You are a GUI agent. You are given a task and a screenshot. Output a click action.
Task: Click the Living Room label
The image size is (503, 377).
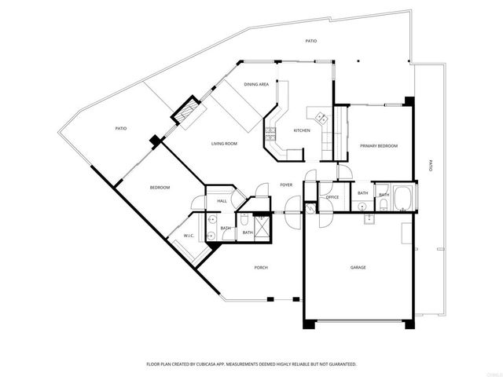pyautogui.click(x=224, y=144)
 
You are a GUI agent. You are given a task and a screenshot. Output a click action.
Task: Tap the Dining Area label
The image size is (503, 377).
pyautogui.click(x=256, y=84)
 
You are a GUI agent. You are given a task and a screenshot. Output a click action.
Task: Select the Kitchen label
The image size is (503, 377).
pyautogui.click(x=302, y=130)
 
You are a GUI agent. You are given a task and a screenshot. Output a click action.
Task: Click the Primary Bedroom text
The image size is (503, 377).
pyautogui.click(x=378, y=146)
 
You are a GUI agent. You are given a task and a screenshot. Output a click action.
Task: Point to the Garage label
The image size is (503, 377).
pyautogui.click(x=358, y=267)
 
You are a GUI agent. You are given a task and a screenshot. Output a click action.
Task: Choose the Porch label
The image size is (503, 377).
pyautogui.click(x=261, y=267)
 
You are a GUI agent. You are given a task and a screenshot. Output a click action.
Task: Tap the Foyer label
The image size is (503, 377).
pyautogui.click(x=286, y=185)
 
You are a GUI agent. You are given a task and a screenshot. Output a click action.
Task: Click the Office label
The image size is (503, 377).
pyautogui.click(x=332, y=197)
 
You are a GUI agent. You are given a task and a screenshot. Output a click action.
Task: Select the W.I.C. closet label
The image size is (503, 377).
pyautogui.click(x=189, y=236)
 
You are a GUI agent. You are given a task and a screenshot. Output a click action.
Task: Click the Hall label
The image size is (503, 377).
pyautogui.click(x=222, y=201)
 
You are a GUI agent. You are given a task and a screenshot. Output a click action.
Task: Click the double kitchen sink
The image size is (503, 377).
pyautogui.click(x=321, y=119)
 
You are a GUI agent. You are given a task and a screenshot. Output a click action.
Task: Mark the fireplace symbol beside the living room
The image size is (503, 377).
pyautogui.click(x=187, y=111)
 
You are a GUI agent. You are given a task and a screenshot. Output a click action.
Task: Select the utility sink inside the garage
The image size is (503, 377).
pyautogui.click(x=369, y=218)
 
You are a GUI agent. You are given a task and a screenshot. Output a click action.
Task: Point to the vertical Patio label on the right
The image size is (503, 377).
pyautogui.click(x=430, y=166)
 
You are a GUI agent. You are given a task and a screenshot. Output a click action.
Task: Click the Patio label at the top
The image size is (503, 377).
pyautogui.click(x=311, y=40)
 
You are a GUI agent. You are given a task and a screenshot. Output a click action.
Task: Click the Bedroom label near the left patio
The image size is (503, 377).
pyautogui.click(x=160, y=186)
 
